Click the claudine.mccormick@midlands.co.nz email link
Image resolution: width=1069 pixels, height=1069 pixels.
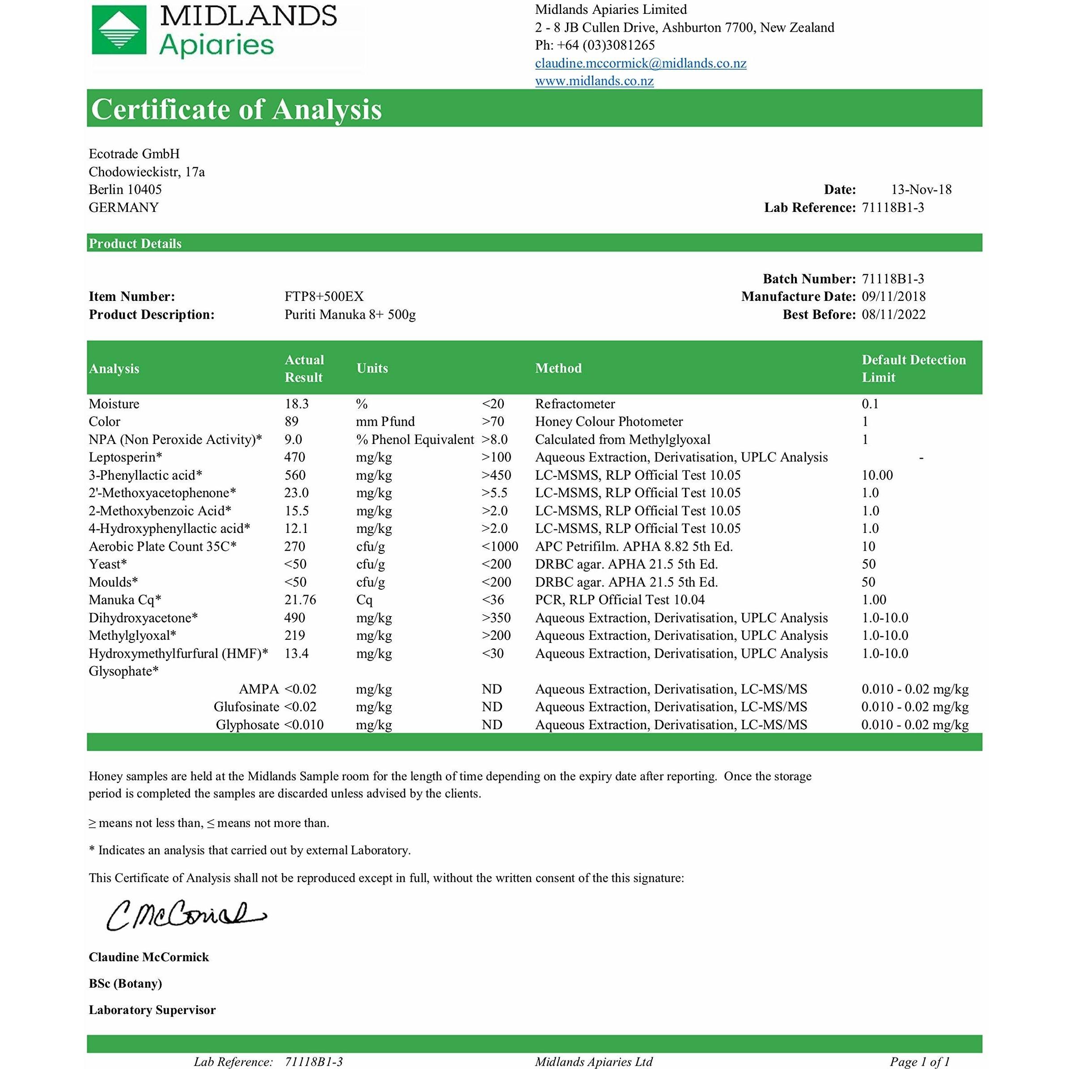(x=640, y=63)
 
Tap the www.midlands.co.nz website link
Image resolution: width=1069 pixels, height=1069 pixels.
(x=594, y=81)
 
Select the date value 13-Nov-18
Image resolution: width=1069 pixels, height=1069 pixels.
(x=921, y=189)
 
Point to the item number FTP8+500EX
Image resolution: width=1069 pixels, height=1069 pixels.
(x=324, y=296)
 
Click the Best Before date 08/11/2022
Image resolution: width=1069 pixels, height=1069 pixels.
(x=893, y=314)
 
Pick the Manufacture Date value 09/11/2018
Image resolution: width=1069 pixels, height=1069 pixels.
(x=893, y=296)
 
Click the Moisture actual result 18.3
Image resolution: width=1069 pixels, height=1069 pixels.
(x=296, y=404)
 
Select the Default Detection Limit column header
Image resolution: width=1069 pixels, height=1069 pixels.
(x=913, y=368)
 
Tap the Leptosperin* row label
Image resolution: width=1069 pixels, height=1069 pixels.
(x=126, y=457)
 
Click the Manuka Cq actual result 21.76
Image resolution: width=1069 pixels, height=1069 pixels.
(x=300, y=600)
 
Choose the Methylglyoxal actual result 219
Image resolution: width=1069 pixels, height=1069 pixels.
(x=294, y=635)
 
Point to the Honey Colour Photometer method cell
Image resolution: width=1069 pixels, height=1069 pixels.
(x=608, y=422)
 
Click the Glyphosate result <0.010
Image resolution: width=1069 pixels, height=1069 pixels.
(x=304, y=725)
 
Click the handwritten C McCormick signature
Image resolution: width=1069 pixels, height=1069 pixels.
(x=186, y=916)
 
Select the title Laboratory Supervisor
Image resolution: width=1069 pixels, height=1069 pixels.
(x=152, y=1010)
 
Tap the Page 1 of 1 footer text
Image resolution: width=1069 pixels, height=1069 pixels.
(x=920, y=1061)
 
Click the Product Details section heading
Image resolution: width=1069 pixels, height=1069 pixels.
(x=135, y=244)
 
